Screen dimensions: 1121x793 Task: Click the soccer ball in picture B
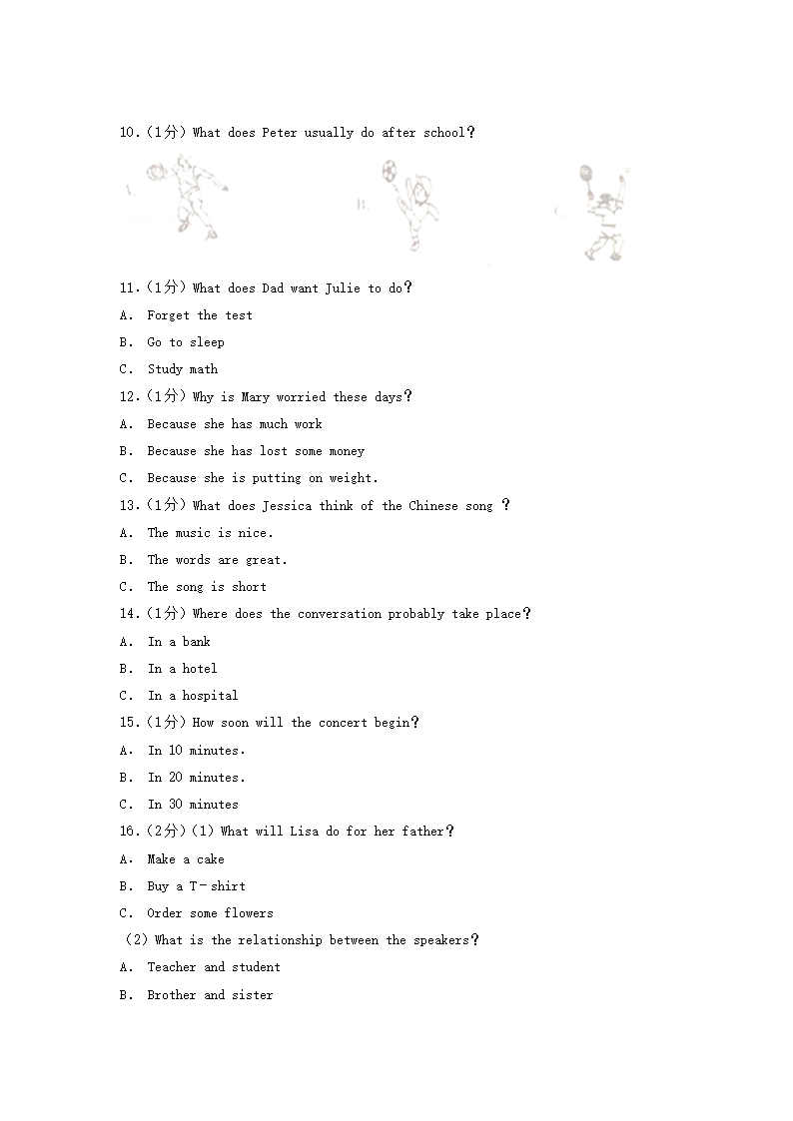tap(389, 171)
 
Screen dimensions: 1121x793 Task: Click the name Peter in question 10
tap(279, 133)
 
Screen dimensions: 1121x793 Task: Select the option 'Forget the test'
tap(199, 315)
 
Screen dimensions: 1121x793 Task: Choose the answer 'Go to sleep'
tap(185, 342)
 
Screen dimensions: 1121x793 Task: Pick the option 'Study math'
tap(182, 369)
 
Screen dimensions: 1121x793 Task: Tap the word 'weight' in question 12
tap(351, 478)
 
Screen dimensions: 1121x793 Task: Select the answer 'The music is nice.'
tap(209, 533)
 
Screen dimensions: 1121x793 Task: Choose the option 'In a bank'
tap(179, 642)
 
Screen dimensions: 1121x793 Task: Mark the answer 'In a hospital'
tap(192, 696)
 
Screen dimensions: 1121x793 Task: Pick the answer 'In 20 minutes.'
tap(195, 778)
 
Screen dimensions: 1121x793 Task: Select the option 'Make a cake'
tap(185, 859)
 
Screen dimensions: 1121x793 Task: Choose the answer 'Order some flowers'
tap(209, 913)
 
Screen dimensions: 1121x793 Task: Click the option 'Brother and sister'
tap(209, 995)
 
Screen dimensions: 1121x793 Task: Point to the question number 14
tap(129, 614)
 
